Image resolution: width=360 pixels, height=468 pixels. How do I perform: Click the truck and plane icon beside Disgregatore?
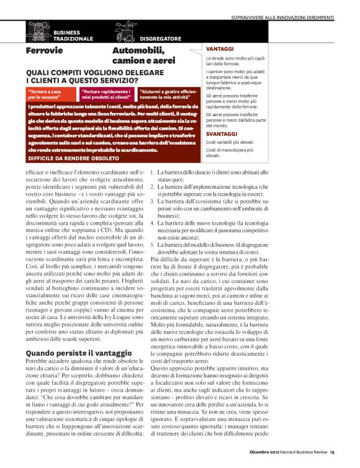[x=125, y=32]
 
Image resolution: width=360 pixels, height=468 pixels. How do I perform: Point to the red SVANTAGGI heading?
[x=222, y=133]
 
